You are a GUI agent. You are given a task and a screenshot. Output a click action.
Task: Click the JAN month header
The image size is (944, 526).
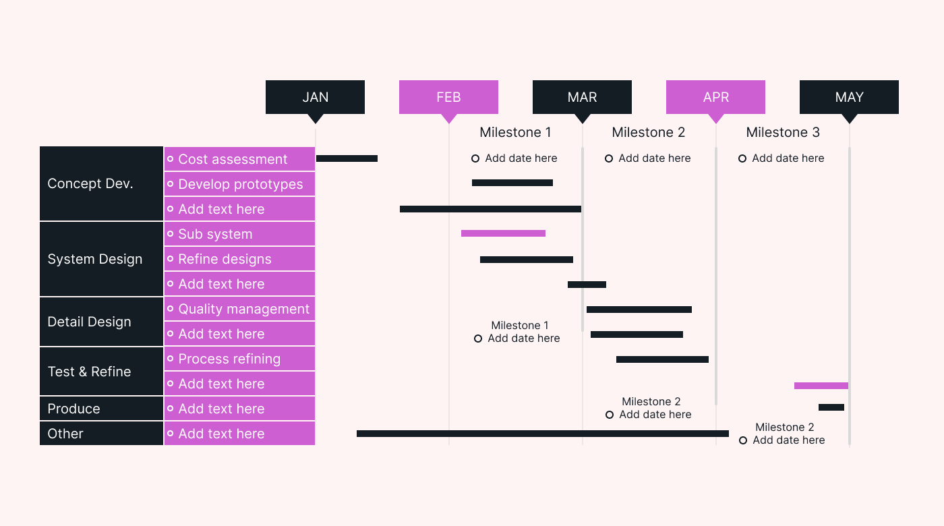[315, 97]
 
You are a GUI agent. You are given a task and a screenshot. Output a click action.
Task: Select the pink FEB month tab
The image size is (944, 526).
[448, 97]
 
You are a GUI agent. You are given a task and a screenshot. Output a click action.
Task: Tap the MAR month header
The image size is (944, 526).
[582, 97]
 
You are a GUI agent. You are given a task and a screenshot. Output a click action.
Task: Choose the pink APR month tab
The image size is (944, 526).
[715, 97]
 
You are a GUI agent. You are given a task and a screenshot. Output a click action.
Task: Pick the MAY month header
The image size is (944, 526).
[849, 97]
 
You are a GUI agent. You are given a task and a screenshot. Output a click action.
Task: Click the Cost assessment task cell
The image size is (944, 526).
[239, 159]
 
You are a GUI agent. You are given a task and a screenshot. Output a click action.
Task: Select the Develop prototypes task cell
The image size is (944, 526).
[239, 184]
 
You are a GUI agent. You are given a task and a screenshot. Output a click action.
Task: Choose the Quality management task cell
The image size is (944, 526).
[239, 309]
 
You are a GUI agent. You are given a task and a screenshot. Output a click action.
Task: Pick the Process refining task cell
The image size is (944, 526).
[239, 359]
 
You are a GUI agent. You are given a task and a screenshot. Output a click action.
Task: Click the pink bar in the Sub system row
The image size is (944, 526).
[503, 233]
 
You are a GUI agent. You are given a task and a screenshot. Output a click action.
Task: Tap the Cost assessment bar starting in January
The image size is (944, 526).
[347, 158]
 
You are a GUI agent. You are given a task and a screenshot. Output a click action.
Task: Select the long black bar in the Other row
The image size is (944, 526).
[542, 434]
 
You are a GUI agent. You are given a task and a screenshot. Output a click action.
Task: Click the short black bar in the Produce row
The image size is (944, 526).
[831, 407]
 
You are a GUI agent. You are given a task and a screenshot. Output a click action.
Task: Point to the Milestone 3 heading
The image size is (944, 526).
[782, 133]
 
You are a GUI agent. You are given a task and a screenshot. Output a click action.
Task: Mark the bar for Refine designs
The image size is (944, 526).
[526, 260]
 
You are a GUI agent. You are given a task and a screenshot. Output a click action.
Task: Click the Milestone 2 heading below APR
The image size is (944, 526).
[648, 133]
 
